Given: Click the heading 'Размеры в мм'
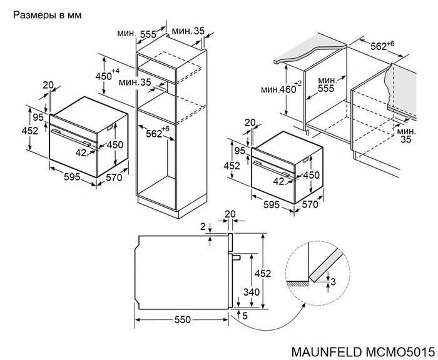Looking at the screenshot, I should pos(47,13).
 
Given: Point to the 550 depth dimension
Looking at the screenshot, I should pos(181,319).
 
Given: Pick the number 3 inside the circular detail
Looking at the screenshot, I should pos(333,282).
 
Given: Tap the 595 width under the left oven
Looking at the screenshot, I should pos(71,177).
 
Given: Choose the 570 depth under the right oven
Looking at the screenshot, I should pos(311,204).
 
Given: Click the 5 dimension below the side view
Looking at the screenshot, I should pos(245,316).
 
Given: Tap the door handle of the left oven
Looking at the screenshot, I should pos(72,134).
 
